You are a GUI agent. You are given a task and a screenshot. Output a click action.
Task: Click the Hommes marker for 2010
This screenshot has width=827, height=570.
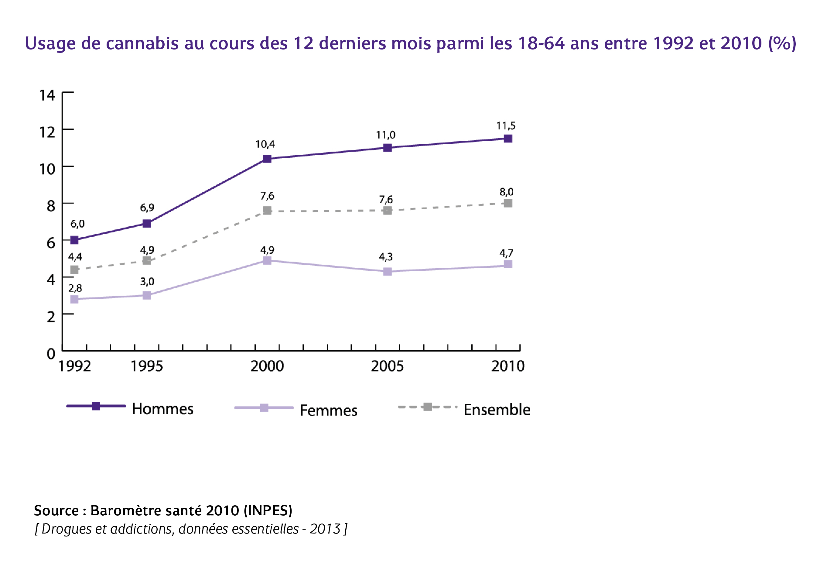pos(508,139)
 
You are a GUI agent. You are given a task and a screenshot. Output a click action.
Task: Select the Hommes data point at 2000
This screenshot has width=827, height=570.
pos(267,159)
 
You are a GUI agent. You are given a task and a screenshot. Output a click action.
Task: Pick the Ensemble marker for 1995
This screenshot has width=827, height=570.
pos(147,261)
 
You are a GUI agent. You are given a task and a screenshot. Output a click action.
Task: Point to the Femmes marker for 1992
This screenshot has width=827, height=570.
pos(74,299)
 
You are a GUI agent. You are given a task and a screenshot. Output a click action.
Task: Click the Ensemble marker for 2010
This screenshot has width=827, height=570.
pos(508,203)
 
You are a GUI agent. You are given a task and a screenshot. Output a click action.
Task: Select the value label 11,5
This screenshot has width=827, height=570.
pos(506,126)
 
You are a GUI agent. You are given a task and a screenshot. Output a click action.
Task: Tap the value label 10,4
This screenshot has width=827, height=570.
pos(265,144)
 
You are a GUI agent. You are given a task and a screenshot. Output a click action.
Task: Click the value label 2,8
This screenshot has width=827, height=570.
pos(75,288)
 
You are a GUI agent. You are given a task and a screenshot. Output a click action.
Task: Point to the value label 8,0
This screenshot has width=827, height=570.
pos(506,192)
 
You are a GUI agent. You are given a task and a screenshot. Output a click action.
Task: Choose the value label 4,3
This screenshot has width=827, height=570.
pos(385,257)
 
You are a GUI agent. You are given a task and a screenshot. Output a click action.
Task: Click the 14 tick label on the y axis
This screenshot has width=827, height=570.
pos(47,95)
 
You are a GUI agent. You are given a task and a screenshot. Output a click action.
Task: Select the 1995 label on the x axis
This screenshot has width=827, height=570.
pos(147,366)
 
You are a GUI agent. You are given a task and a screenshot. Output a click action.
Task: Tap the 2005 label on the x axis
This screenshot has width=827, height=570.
pos(387,366)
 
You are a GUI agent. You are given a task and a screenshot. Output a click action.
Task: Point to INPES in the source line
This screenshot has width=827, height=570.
pos(268,511)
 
